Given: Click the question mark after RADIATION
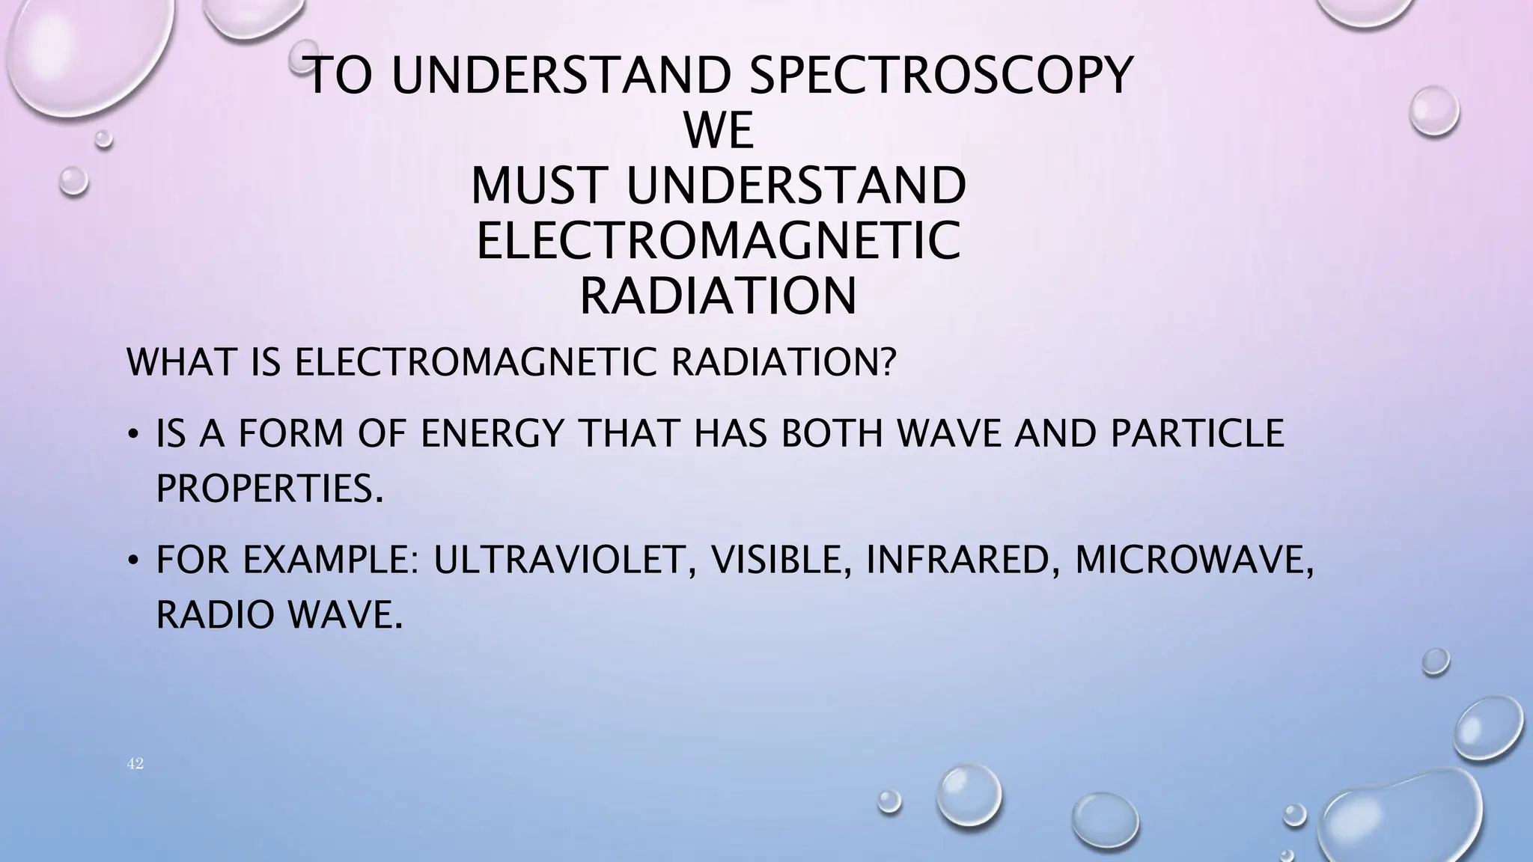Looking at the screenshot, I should (887, 363).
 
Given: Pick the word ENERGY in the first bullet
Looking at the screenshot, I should (491, 434).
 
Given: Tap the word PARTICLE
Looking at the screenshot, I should (1197, 434).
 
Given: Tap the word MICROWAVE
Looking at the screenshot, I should (1190, 560).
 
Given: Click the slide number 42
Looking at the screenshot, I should (135, 764).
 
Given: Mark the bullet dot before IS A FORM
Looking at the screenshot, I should (132, 435).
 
